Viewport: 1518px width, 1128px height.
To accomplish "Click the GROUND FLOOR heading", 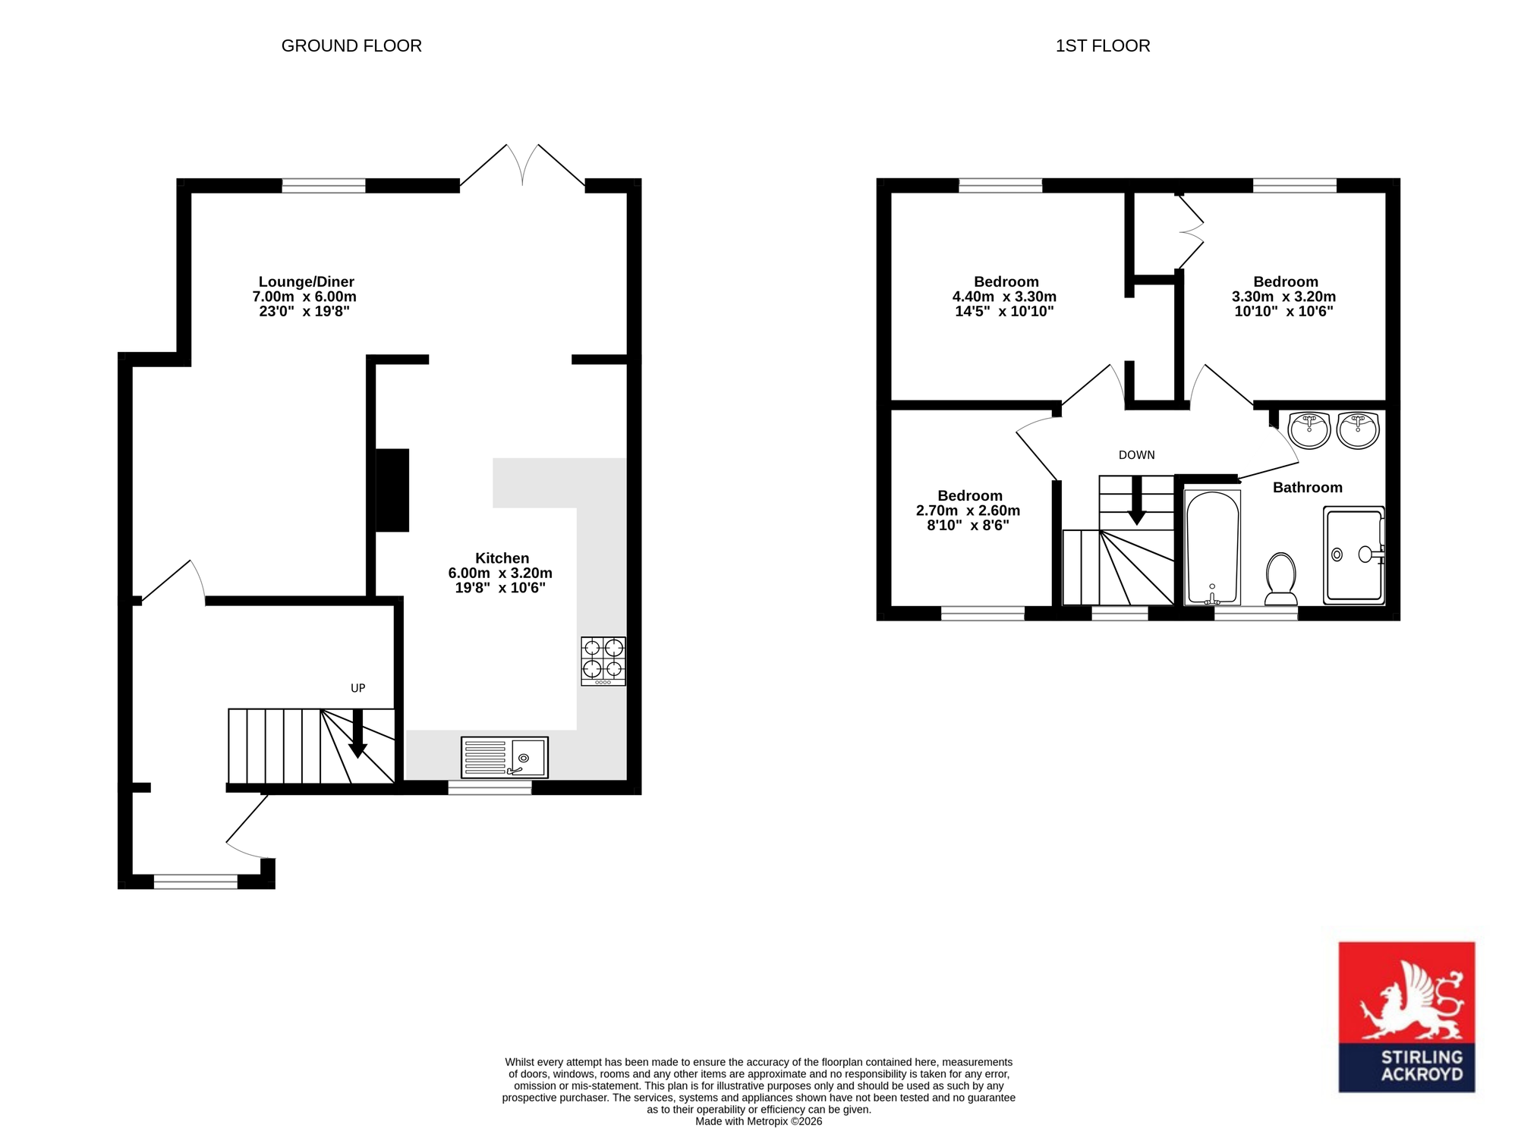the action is click(x=351, y=46).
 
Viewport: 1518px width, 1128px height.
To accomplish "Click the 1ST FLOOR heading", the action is click(x=1103, y=46).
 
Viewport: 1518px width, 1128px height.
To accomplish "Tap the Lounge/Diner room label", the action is click(x=307, y=282).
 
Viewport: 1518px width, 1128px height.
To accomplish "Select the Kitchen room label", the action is click(x=502, y=558).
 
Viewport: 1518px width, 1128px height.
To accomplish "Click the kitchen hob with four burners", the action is click(x=603, y=661).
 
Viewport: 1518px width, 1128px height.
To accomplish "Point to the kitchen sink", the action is click(x=504, y=757).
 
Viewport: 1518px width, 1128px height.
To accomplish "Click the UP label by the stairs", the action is click(x=358, y=688).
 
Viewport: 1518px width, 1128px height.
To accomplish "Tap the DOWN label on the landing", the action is click(x=1137, y=455).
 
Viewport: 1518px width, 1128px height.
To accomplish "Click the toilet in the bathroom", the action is click(x=1281, y=579).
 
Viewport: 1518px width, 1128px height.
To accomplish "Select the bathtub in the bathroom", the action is click(x=1213, y=548).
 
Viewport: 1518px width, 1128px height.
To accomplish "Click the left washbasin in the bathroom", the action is click(x=1309, y=430).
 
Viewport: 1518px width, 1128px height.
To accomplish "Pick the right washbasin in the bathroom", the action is click(x=1358, y=430).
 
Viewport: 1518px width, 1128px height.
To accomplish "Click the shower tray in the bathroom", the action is click(x=1354, y=555).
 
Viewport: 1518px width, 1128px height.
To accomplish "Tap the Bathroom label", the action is click(x=1308, y=488).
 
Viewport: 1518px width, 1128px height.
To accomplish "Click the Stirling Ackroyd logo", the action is click(x=1406, y=1016).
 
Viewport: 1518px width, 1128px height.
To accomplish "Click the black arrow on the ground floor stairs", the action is click(x=357, y=734).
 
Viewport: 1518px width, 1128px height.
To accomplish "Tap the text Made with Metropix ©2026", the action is click(x=759, y=1121).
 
